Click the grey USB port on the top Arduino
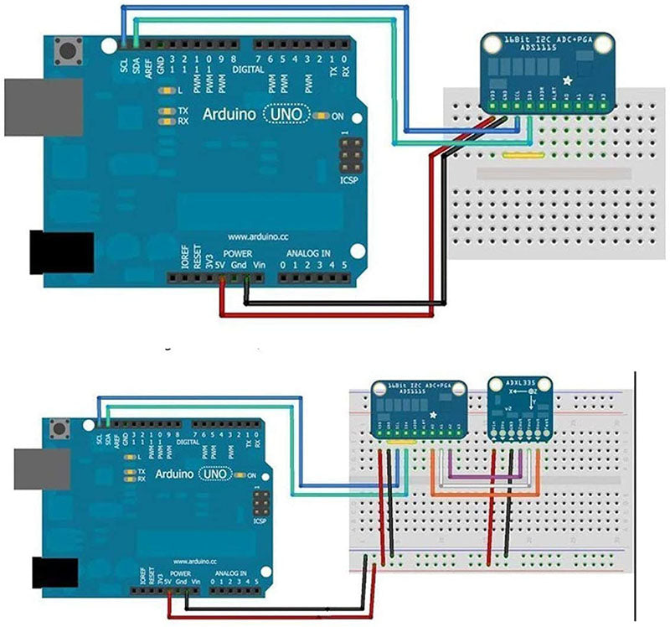42,106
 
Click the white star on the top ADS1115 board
569,80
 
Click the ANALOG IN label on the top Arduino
308,252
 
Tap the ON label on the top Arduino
338,117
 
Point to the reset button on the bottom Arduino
61,430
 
